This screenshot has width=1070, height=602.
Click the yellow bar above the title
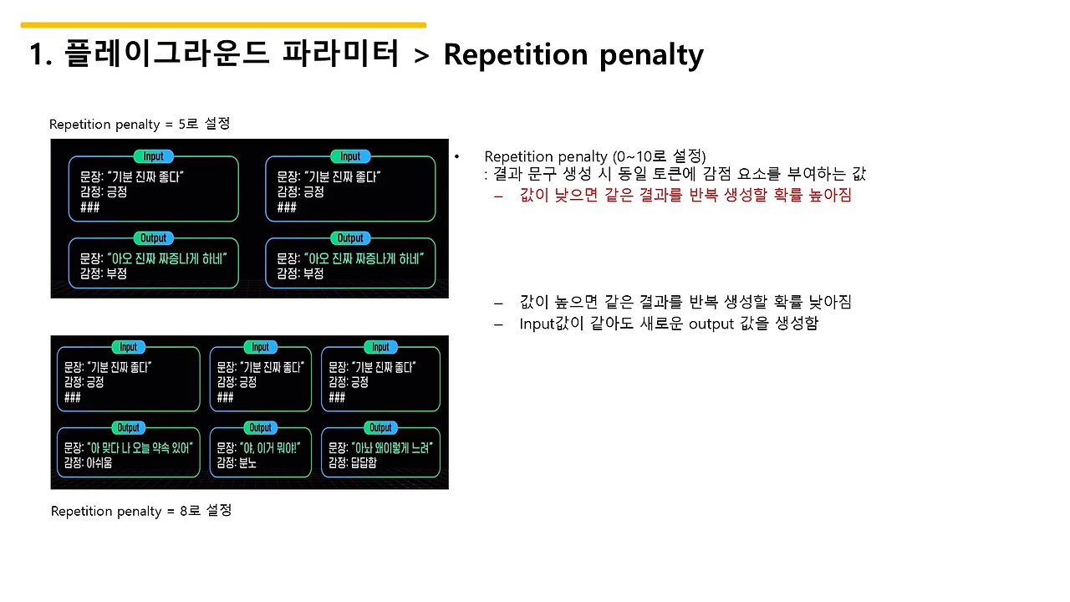pyautogui.click(x=224, y=25)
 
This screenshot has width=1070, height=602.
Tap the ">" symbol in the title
pyautogui.click(x=421, y=56)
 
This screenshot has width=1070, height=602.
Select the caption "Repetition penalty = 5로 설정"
pyautogui.click(x=140, y=124)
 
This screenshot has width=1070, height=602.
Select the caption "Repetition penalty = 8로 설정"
pyautogui.click(x=141, y=510)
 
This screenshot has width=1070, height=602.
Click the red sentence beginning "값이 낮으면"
pyautogui.click(x=685, y=195)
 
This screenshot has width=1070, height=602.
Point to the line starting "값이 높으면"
pyautogui.click(x=685, y=302)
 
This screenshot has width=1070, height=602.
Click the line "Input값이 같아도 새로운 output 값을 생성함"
pyautogui.click(x=669, y=324)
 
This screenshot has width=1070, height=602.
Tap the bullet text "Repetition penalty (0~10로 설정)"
pyautogui.click(x=595, y=156)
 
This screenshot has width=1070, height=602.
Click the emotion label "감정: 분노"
pyautogui.click(x=237, y=462)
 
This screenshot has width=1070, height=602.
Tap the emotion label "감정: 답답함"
pyautogui.click(x=353, y=462)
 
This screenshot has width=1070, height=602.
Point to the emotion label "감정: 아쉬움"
pyautogui.click(x=88, y=462)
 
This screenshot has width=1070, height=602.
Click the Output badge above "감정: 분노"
pyautogui.click(x=261, y=427)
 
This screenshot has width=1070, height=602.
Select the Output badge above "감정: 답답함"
pyautogui.click(x=380, y=427)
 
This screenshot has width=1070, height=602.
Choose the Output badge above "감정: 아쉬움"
pyautogui.click(x=128, y=427)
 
